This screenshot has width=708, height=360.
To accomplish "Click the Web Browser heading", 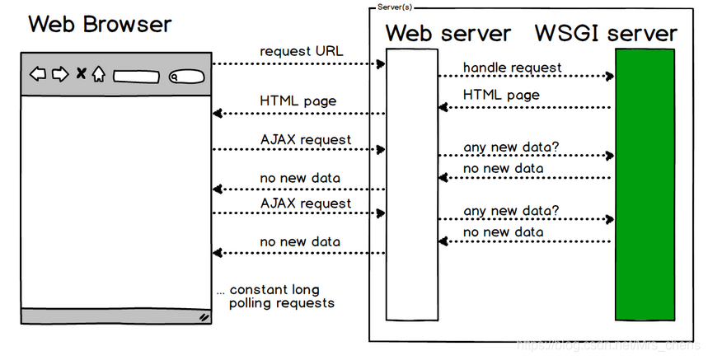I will point(100,24).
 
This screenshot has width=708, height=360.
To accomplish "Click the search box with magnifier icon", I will point(185,77).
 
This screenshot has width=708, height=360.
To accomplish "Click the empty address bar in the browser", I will point(136,77).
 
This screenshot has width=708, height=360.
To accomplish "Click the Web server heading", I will point(448,34).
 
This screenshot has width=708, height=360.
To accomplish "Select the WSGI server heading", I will point(606,34).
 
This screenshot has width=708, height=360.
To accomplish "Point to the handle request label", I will point(512,67).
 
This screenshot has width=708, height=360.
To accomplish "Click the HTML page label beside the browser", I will point(298,101).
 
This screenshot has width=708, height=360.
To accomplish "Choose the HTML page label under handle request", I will point(501,95).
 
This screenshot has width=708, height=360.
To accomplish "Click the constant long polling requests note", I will point(274,297).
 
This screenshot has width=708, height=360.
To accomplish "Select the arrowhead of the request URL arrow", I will point(382,63).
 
